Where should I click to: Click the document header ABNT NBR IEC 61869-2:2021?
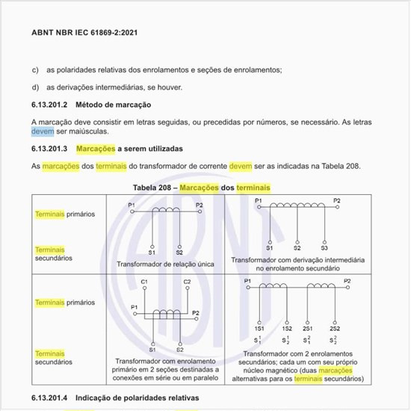[84, 33]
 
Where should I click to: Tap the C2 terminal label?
[188, 282]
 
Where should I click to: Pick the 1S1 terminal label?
[259, 328]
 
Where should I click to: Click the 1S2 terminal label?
[286, 328]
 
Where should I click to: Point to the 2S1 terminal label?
[307, 328]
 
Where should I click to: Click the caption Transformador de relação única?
[165, 264]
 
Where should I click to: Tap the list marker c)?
[35, 69]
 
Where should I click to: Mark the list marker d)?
[35, 87]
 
